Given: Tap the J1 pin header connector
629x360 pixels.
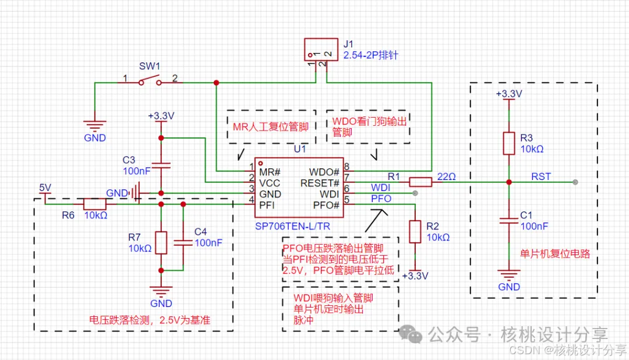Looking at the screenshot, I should pyautogui.click(x=321, y=50).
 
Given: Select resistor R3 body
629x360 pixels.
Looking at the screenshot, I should pyautogui.click(x=509, y=143).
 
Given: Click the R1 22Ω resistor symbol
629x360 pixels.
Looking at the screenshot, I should pyautogui.click(x=420, y=182).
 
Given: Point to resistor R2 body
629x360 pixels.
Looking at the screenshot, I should pyautogui.click(x=415, y=231).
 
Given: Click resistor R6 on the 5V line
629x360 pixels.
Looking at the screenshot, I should pyautogui.click(x=94, y=204).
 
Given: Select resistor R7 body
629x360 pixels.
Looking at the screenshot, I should pyautogui.click(x=161, y=242).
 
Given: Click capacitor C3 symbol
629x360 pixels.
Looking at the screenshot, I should pyautogui.click(x=161, y=165).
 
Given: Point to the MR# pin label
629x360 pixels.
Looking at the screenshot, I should pyautogui.click(x=270, y=172).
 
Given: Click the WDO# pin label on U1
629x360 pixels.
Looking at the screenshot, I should pyautogui.click(x=325, y=172).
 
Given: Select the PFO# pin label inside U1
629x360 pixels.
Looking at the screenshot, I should pyautogui.click(x=326, y=205).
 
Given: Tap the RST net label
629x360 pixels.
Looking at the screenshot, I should pyautogui.click(x=540, y=176).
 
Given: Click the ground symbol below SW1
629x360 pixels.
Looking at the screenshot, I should pyautogui.click(x=94, y=125).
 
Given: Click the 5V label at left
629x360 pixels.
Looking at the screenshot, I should pyautogui.click(x=45, y=188).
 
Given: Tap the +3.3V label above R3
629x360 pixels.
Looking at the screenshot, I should pyautogui.click(x=508, y=93).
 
